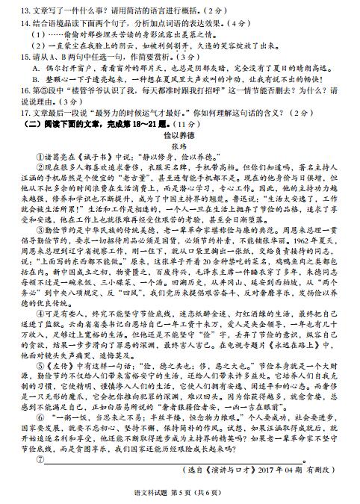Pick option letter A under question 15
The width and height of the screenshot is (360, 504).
click(36, 67)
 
